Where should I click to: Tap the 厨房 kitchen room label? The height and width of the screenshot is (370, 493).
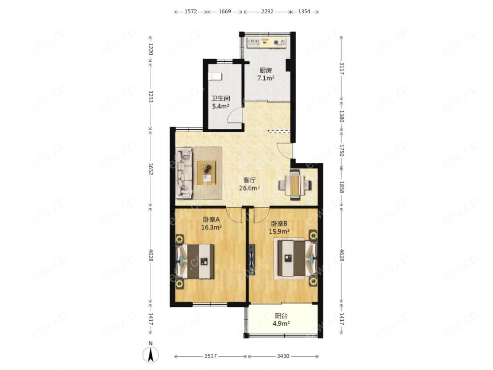pos(266,70)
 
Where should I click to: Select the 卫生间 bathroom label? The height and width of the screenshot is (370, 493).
pos(221,99)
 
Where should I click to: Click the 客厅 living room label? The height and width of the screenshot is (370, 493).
pos(249,180)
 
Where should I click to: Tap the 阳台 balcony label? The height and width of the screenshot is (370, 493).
pos(281,316)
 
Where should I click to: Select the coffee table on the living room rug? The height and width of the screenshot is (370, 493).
pos(207,172)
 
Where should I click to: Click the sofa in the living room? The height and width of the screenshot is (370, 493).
pos(184,173)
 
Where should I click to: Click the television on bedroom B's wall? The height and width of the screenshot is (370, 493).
pos(252,260)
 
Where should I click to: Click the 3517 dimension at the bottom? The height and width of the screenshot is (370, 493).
pos(211,356)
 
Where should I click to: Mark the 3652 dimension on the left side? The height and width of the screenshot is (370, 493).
pos(150,169)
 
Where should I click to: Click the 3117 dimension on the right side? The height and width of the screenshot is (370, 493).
pos(342,68)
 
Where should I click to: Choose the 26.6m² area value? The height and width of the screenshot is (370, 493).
pos(249,188)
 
